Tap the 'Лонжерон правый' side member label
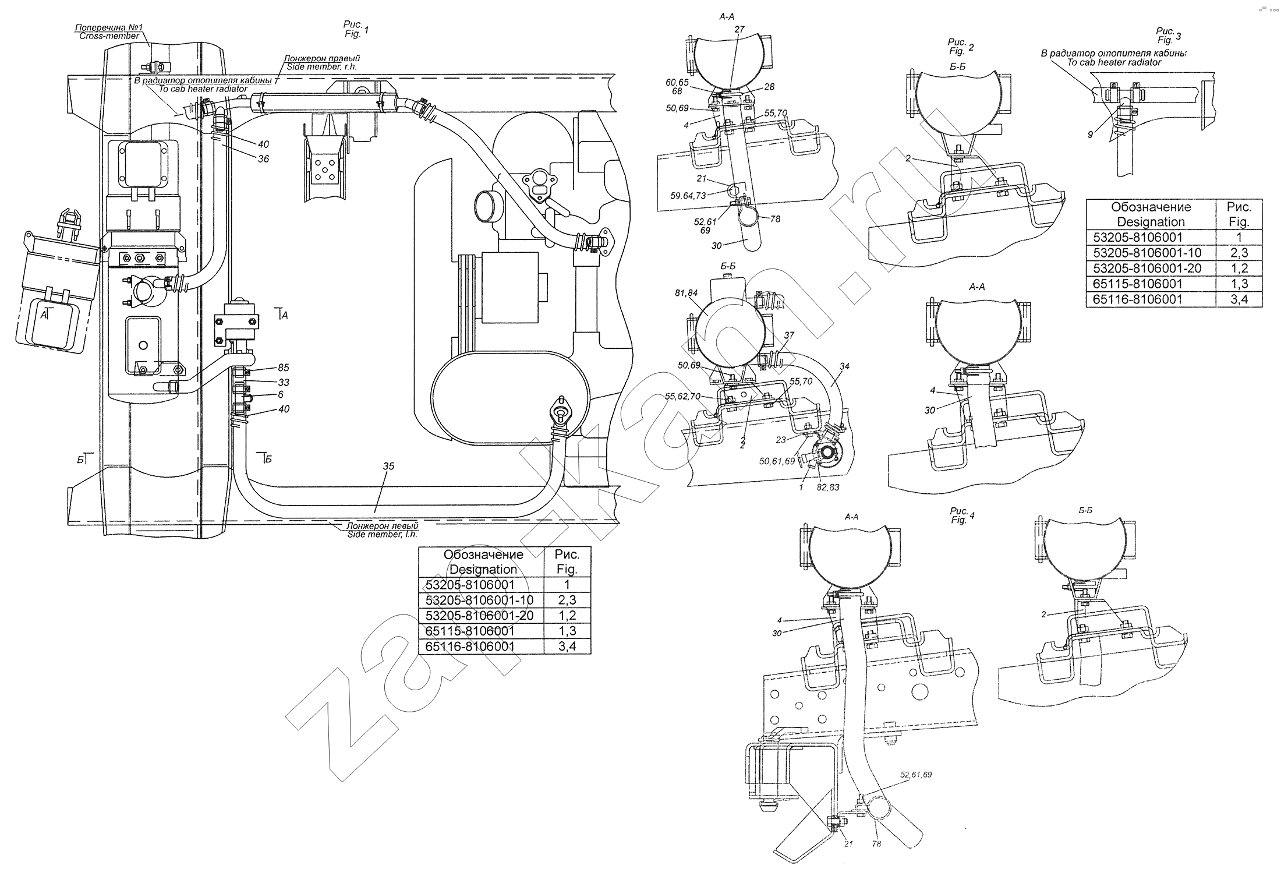coord(322,58)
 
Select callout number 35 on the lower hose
coord(388,466)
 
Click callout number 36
coord(263,158)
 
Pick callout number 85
coord(284,368)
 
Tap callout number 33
coord(284,382)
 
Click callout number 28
coord(769,87)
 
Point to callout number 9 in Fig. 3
coord(1090,135)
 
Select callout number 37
coord(789,335)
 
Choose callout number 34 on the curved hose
coord(844,366)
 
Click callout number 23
coord(781,440)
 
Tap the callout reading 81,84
coord(686,293)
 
